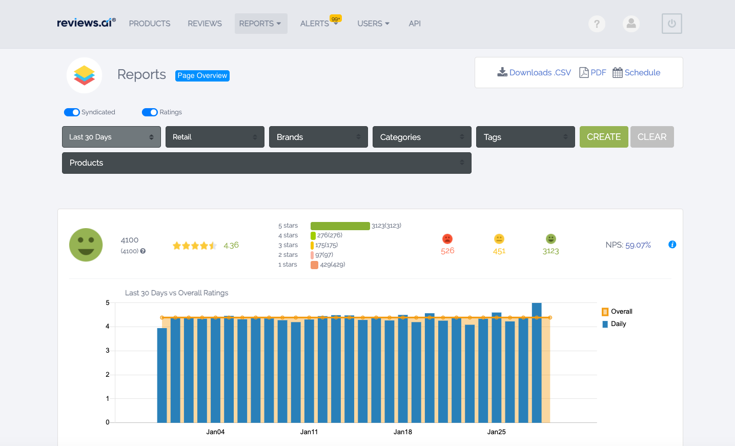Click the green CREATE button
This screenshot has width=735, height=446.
tap(603, 137)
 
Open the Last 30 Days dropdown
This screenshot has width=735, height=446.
tap(111, 137)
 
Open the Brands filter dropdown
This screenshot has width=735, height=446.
tap(318, 137)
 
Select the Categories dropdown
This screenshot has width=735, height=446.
tap(421, 137)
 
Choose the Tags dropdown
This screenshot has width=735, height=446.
tap(525, 137)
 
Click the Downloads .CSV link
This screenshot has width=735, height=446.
tap(534, 73)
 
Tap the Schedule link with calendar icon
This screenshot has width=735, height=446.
tap(637, 73)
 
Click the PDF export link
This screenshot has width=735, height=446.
tap(593, 73)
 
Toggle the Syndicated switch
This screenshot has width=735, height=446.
tap(72, 112)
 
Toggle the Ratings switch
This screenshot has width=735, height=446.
tap(150, 112)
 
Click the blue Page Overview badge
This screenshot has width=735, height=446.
tap(202, 75)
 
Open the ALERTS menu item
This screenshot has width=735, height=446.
tap(315, 24)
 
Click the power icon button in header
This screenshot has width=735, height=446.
tap(671, 24)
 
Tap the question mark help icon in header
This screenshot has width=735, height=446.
tap(597, 24)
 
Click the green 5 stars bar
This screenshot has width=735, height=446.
tap(340, 226)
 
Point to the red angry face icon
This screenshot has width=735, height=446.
tap(447, 239)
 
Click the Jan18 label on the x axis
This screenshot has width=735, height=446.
tap(403, 432)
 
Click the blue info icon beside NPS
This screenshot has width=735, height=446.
tap(672, 245)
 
